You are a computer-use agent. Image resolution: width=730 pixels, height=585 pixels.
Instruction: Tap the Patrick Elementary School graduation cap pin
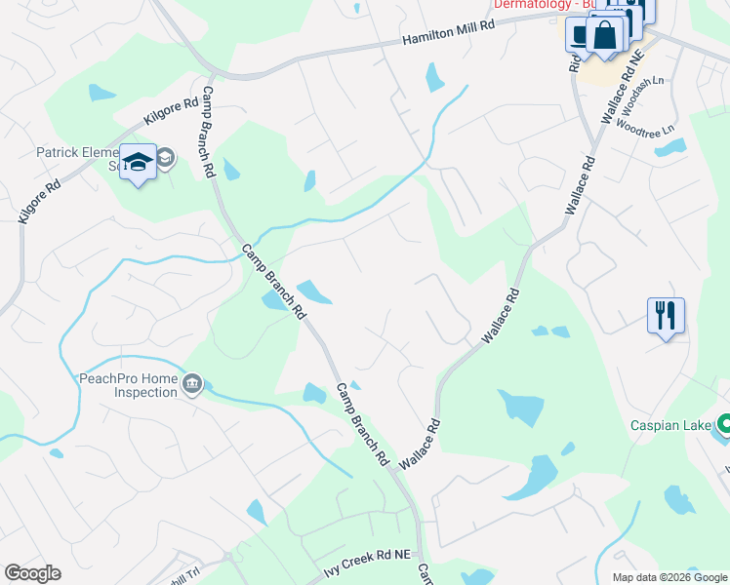coord(138,164)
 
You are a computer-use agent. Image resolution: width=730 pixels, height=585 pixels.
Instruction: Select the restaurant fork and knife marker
coord(666,317)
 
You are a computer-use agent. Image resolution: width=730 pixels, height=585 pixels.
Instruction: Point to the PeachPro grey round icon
coord(192,385)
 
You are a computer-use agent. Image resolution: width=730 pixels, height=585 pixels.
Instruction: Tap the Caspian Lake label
coord(670,425)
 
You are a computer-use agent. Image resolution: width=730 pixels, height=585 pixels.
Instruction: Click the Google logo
coord(32,573)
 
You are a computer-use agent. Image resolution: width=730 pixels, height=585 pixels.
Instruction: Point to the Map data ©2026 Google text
coord(669,577)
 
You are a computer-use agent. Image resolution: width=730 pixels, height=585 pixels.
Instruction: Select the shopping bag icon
coord(605,38)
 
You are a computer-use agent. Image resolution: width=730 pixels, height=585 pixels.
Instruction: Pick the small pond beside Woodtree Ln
coord(669,149)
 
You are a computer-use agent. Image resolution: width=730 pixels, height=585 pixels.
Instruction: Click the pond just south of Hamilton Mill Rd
coord(434,77)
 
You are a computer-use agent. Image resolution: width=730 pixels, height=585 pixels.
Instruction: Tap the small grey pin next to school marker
coord(166,157)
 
